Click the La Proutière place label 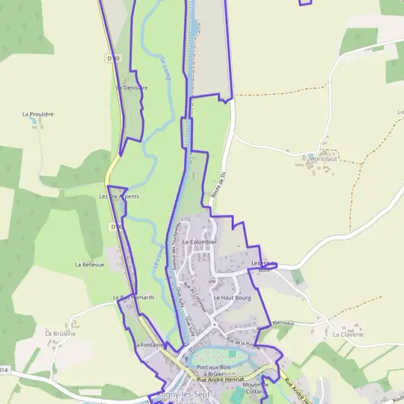pos(38,114)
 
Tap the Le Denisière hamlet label pos(131,88)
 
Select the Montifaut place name pos(323,159)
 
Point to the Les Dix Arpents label pos(119,197)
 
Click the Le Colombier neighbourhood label pos(199,242)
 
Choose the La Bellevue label pos(90,265)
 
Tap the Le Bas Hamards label pos(133,297)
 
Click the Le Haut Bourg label pos(232,297)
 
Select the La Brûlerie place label pos(60,333)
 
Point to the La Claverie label pos(348,334)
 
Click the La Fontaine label pos(149,345)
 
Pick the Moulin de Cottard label pos(255,388)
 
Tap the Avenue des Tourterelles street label pos(174,259)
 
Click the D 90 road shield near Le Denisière pos(114,59)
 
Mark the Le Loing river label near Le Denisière pos(166,71)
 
